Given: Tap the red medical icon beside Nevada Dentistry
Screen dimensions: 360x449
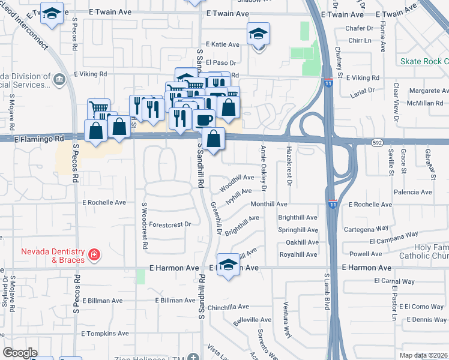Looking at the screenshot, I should (93, 256).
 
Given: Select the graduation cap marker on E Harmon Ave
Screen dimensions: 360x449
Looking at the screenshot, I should (228, 265).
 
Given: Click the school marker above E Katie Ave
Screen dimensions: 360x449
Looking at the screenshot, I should (258, 35).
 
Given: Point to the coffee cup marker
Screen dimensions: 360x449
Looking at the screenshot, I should (203, 119).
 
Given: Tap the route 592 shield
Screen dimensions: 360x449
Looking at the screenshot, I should (376, 143).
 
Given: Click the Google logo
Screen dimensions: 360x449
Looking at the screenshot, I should (20, 353).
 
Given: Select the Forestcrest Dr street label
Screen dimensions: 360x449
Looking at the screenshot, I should (170, 224).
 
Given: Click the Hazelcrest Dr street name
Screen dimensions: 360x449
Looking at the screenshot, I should (289, 166).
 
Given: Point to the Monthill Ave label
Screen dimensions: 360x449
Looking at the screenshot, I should (269, 204).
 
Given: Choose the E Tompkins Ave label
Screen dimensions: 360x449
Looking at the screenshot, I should (105, 334).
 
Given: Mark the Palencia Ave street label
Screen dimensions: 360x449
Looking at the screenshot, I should (413, 193).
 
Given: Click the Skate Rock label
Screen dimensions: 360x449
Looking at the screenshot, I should (425, 62).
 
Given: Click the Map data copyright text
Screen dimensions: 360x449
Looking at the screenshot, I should (424, 355).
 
